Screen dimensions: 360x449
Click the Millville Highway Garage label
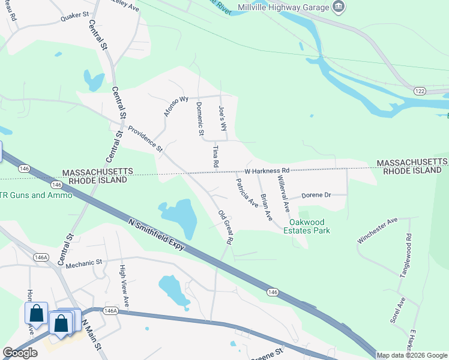[x=283, y=7]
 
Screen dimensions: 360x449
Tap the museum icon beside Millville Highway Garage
[x=339, y=7]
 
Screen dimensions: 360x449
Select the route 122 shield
[x=420, y=90]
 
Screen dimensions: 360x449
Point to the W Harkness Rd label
[x=267, y=171]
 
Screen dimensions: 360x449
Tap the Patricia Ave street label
[x=247, y=193]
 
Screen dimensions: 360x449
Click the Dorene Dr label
[x=316, y=196]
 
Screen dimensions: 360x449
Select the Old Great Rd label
[x=225, y=226]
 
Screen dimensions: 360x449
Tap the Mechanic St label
[x=85, y=263]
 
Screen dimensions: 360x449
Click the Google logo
[x=20, y=353]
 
